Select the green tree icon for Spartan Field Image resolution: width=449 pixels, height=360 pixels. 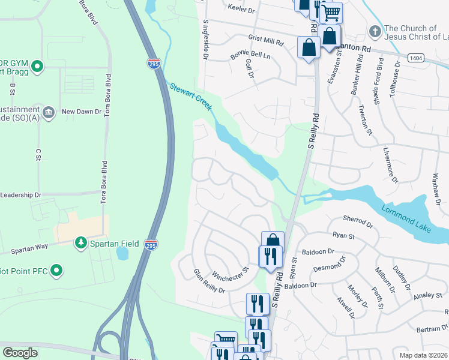(x=80, y=243)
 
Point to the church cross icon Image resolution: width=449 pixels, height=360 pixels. (x=375, y=31)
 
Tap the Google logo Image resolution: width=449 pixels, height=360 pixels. (x=20, y=353)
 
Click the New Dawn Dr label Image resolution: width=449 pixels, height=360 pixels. (x=85, y=112)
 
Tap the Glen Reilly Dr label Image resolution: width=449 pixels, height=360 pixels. (x=208, y=281)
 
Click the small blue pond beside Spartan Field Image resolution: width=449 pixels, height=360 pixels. (x=122, y=253)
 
